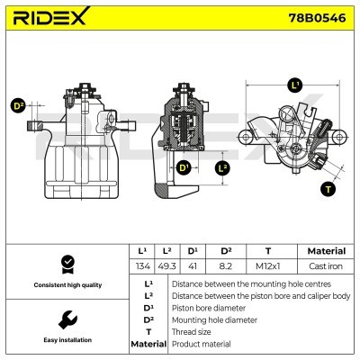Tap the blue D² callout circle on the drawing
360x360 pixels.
(18, 105)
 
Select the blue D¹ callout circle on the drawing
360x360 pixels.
(184, 167)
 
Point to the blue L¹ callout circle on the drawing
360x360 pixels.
(294, 85)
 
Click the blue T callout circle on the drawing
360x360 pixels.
(327, 189)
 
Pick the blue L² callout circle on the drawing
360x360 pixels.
(223, 167)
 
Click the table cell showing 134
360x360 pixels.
(142, 266)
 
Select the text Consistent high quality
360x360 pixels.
(65, 285)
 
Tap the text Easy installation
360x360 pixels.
(65, 340)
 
